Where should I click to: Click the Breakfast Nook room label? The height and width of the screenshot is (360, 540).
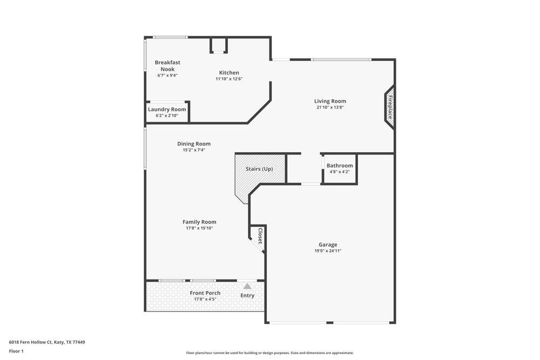167,66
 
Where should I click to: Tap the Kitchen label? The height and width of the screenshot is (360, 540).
229,73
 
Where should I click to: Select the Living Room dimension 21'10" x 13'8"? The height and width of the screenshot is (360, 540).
330,107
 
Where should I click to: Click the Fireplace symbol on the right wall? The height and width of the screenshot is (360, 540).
390,107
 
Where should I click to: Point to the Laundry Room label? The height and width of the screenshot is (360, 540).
167,110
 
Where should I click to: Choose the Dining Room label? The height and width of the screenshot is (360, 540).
194,144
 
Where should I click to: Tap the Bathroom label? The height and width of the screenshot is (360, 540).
340,166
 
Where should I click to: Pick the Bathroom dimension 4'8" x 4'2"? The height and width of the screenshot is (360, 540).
340,172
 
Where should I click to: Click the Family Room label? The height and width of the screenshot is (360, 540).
199,222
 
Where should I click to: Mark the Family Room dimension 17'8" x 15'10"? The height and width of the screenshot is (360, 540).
199,228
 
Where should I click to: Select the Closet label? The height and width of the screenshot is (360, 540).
260,236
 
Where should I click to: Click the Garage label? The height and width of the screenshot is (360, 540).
328,244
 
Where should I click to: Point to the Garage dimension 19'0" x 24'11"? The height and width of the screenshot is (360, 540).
328,251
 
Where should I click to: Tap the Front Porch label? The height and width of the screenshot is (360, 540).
205,293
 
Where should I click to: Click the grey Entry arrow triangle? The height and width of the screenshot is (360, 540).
247,286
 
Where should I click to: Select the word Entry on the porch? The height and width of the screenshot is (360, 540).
247,296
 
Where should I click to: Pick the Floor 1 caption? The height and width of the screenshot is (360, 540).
16,351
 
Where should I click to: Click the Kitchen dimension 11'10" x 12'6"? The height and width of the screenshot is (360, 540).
229,79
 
